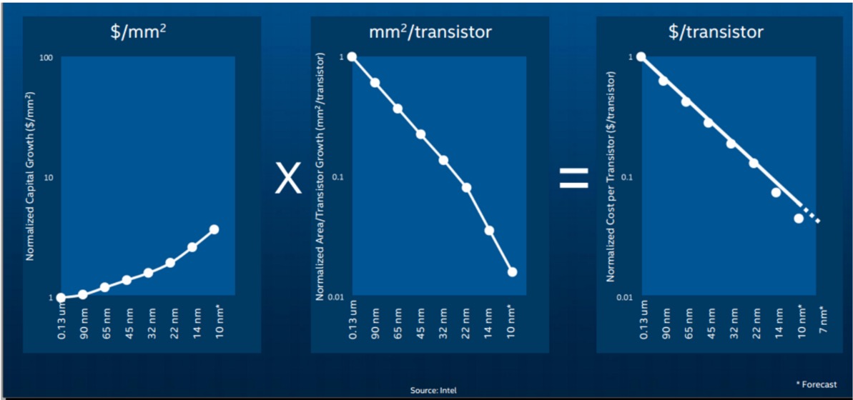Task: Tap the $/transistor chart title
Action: tap(716, 32)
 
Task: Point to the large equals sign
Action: tap(574, 178)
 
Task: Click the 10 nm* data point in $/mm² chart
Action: tap(215, 229)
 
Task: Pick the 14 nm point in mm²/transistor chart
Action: tap(489, 231)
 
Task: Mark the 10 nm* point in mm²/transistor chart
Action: tap(512, 271)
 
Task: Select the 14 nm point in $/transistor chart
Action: tap(776, 192)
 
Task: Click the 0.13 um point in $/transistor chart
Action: tap(641, 57)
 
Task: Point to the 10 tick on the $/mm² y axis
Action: tap(48, 178)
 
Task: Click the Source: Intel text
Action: tap(430, 390)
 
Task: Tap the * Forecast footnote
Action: tap(818, 384)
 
